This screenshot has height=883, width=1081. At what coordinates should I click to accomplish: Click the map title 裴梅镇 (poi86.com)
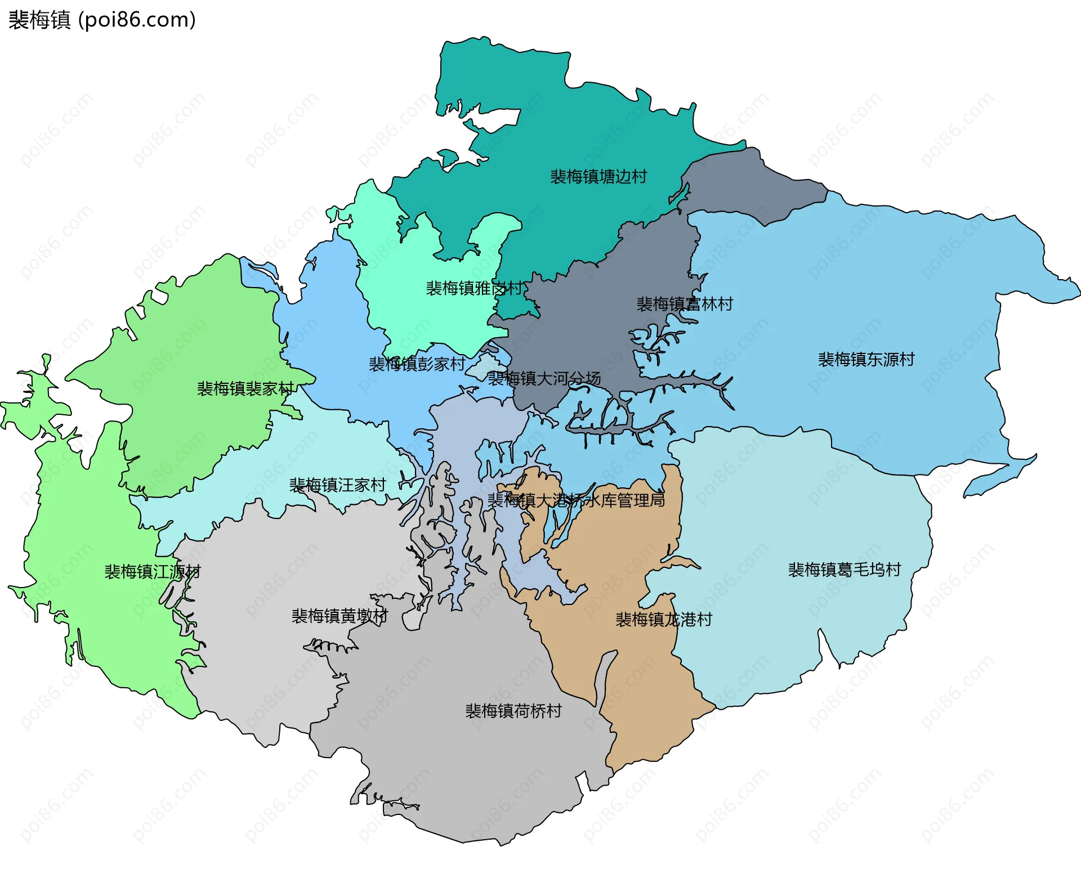pyautogui.click(x=102, y=20)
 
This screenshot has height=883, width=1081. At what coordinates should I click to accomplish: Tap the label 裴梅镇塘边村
pyautogui.click(x=598, y=177)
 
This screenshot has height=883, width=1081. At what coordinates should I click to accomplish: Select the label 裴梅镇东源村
pyautogui.click(x=866, y=359)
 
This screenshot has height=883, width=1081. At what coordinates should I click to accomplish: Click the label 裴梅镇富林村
pyautogui.click(x=684, y=304)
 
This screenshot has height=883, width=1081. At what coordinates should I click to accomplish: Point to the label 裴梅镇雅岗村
pyautogui.click(x=474, y=288)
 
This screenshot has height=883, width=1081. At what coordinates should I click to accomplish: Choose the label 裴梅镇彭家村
pyautogui.click(x=417, y=364)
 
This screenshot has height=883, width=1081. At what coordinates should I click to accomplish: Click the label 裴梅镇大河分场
pyautogui.click(x=544, y=378)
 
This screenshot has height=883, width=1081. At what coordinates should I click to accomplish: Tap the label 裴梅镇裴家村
pyautogui.click(x=245, y=388)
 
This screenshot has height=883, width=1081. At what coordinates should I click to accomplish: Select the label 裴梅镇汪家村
pyautogui.click(x=337, y=485)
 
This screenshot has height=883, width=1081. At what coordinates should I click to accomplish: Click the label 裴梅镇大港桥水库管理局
pyautogui.click(x=575, y=500)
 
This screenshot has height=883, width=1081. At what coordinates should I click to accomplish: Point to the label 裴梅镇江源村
pyautogui.click(x=152, y=571)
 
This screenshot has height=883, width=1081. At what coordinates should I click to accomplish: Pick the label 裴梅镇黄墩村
pyautogui.click(x=340, y=616)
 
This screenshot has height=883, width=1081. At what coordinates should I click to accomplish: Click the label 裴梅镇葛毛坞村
pyautogui.click(x=844, y=570)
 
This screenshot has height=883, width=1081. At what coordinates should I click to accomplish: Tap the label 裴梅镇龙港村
pyautogui.click(x=663, y=619)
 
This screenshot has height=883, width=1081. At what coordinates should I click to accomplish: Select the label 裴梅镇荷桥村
pyautogui.click(x=513, y=711)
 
